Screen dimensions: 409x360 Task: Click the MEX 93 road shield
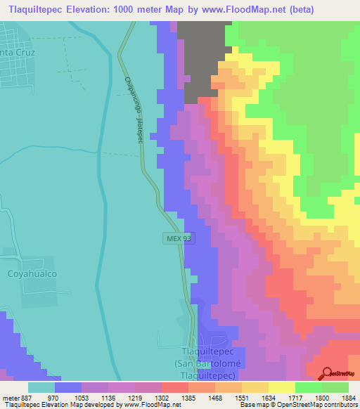179,238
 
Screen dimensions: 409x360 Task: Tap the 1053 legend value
91,397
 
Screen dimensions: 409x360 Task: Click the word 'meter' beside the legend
9,397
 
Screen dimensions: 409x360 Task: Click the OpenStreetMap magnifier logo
326,374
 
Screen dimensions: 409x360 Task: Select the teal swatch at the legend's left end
41,387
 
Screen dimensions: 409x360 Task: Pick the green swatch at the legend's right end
335,387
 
